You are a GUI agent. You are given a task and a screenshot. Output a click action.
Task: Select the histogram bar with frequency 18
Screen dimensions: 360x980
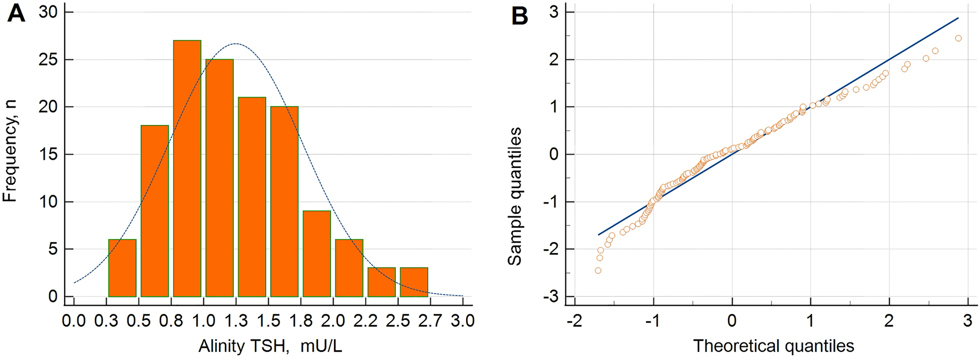[x=155, y=211]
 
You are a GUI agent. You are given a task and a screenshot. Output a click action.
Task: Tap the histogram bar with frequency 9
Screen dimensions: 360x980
[x=317, y=254]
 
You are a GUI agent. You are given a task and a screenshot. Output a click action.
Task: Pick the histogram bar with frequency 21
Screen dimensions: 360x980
[x=252, y=197]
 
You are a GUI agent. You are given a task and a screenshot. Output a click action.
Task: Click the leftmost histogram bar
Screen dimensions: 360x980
[x=122, y=268]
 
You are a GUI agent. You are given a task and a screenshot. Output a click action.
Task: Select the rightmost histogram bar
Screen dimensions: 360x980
[x=414, y=283]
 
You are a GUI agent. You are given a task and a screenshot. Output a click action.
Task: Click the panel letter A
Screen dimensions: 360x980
[x=16, y=14]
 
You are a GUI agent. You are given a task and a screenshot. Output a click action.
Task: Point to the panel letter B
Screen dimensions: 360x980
[x=519, y=16]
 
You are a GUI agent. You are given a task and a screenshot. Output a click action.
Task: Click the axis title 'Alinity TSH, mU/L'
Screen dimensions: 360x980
[x=270, y=346]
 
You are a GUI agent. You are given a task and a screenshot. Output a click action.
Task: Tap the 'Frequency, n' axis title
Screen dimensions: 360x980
[x=10, y=151]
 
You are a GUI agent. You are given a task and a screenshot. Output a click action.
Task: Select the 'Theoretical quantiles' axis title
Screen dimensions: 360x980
[x=774, y=346]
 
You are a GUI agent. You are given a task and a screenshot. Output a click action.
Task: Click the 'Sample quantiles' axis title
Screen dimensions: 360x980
[x=514, y=196]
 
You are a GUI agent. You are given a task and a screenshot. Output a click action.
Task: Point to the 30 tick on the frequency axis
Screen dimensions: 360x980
[x=48, y=12]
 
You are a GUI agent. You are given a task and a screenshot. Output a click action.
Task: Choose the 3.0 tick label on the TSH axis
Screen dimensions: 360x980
[x=463, y=320]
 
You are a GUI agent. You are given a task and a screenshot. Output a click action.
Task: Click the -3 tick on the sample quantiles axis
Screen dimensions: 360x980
[x=550, y=297]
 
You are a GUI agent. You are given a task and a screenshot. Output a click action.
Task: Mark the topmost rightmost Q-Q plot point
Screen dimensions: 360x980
[x=959, y=38]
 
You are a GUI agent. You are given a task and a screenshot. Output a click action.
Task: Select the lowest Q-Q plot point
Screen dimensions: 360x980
[x=598, y=271]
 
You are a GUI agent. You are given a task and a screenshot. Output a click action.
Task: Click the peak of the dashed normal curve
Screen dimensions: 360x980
[x=236, y=43]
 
